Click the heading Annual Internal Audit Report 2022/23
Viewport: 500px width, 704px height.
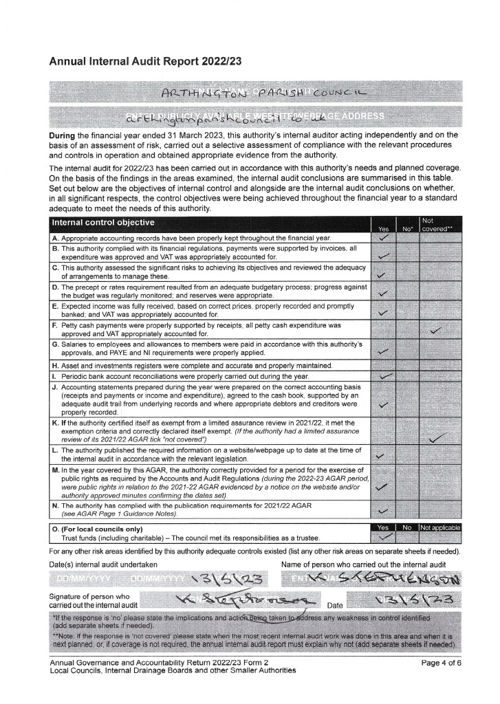coord(145,61)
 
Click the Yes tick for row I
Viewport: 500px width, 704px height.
coord(386,376)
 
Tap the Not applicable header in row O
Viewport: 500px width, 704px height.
coord(439,527)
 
